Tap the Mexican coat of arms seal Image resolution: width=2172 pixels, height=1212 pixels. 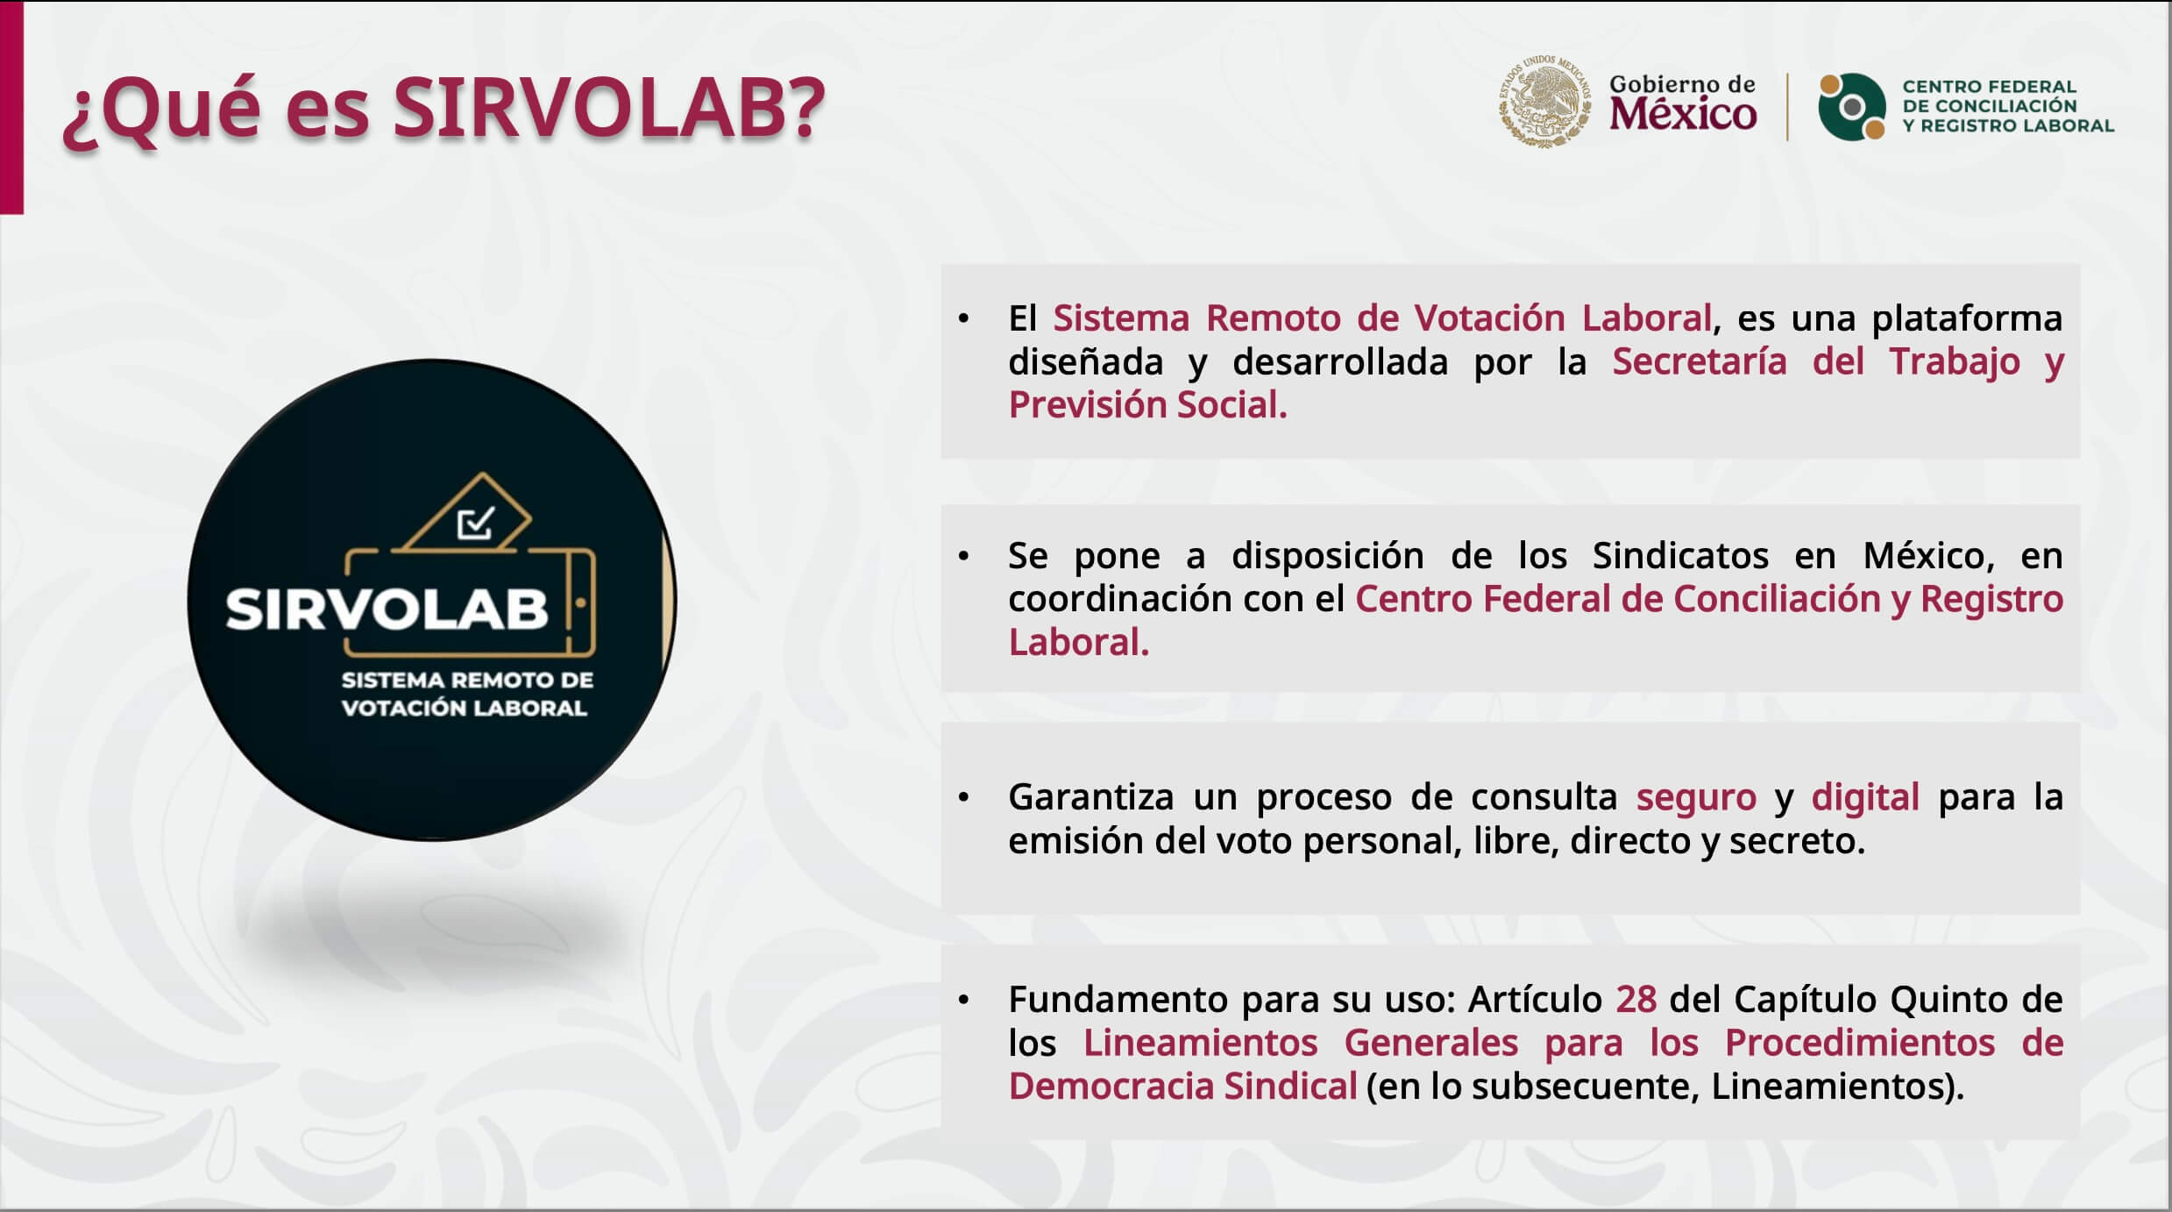coord(1544,101)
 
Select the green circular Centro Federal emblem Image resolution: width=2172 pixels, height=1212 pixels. coord(1851,106)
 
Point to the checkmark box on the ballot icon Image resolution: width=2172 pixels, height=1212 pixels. coord(476,523)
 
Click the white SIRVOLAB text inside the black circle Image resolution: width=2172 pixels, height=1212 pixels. coord(387,609)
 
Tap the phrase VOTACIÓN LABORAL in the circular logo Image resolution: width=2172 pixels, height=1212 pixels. coord(464,708)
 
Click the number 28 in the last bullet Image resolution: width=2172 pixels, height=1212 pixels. coord(1636,999)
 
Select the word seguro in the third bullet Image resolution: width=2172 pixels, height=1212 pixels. coord(1696,797)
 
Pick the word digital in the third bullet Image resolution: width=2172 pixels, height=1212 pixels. coord(1865,797)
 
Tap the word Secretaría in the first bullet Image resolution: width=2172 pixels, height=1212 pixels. coord(1699,361)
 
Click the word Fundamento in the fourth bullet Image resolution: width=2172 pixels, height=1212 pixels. coord(1118,999)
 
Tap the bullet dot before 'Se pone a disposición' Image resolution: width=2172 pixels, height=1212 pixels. coord(963,556)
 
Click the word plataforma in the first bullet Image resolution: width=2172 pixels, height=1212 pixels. coord(1967,318)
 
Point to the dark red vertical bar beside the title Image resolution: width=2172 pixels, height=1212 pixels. coord(11,107)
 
